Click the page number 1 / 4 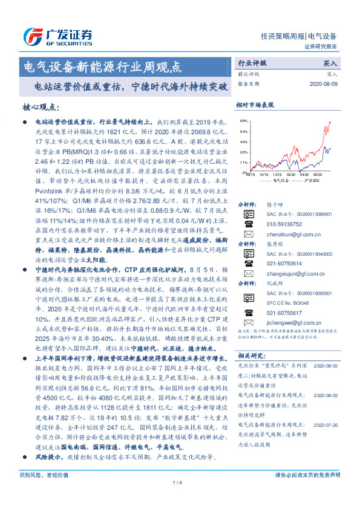tap(178, 499)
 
